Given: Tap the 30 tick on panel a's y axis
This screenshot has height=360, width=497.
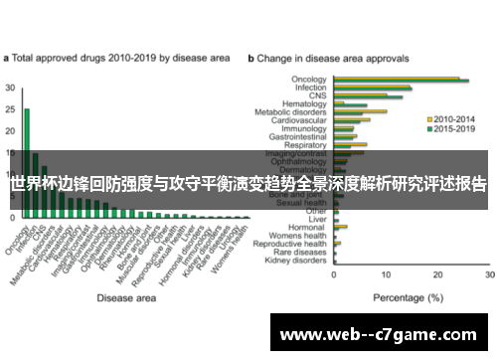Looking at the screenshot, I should coord(10,88).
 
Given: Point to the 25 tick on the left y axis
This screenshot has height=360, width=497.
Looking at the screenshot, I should coord(10,109).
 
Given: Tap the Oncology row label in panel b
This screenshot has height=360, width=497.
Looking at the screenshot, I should coord(309,79).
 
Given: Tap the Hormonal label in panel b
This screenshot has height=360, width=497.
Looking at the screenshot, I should coord(310,227).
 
